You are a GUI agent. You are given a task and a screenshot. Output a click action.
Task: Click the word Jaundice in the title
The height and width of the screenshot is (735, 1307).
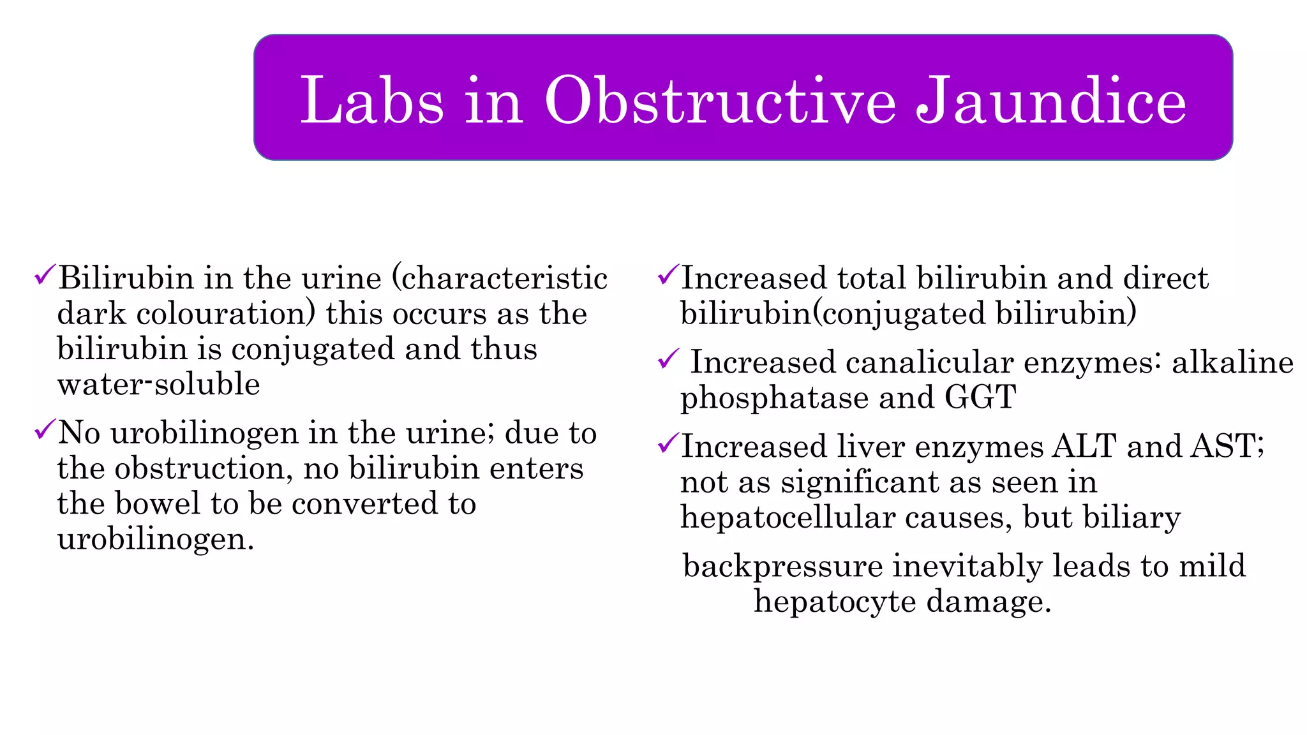pyautogui.click(x=1051, y=101)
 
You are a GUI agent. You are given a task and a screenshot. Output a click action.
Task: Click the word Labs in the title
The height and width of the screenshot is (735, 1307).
pyautogui.click(x=372, y=101)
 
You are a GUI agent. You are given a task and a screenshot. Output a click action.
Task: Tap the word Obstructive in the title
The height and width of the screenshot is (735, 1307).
pyautogui.click(x=720, y=101)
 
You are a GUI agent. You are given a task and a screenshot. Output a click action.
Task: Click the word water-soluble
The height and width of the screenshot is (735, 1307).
pyautogui.click(x=158, y=384)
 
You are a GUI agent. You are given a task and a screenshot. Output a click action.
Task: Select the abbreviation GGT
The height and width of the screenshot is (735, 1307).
pyautogui.click(x=980, y=397)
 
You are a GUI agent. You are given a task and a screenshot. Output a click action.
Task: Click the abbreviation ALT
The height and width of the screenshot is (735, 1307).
pyautogui.click(x=1084, y=446)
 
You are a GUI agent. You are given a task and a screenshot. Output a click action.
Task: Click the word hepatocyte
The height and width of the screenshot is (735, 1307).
pyautogui.click(x=835, y=602)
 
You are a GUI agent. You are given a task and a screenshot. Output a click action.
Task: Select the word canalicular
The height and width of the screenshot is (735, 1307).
pyautogui.click(x=929, y=362)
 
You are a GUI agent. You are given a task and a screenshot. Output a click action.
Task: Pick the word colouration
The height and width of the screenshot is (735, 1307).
pyautogui.click(x=226, y=314)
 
